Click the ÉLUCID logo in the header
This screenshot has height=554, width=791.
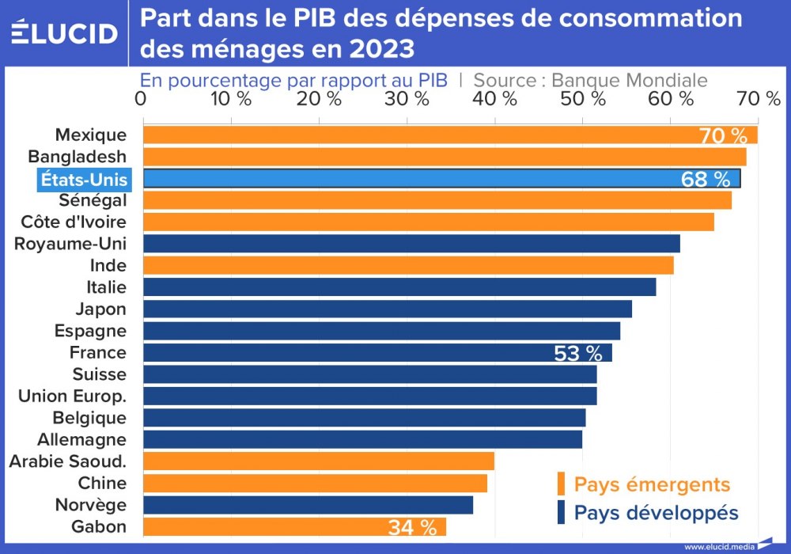64,32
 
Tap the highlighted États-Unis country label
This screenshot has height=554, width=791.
84,179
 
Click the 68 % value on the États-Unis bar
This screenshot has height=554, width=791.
705,179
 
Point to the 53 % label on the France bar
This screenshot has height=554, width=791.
578,353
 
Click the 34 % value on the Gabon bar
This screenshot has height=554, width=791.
412,527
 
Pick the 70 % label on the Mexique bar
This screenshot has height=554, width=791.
723,135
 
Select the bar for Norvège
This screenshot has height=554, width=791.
308,505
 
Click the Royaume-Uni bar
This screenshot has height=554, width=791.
411,244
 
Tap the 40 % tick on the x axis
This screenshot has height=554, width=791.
494,99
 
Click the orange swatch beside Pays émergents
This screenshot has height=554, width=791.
561,484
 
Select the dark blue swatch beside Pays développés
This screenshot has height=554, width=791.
561,512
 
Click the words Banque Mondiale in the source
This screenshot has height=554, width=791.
629,80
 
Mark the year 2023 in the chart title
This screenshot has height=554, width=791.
379,49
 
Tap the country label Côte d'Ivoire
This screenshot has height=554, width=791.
74,222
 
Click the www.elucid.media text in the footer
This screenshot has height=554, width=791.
719,546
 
